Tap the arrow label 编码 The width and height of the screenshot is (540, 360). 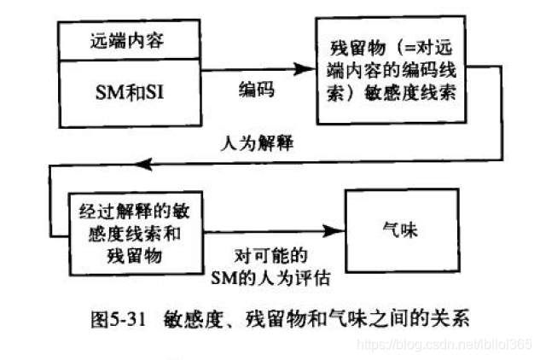pyautogui.click(x=256, y=88)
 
